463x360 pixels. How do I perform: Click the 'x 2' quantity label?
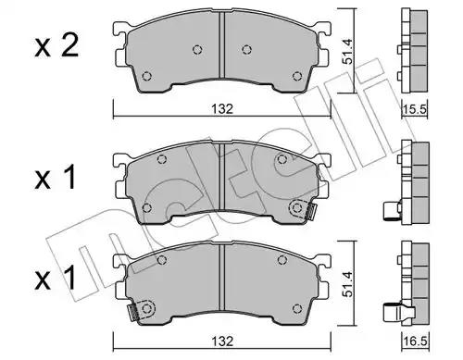[x=56, y=46]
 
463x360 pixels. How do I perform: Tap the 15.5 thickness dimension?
[x=415, y=109]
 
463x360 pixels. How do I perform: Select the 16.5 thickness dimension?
[x=415, y=341]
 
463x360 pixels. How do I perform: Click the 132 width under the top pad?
[x=222, y=109]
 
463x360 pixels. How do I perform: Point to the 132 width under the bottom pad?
[x=222, y=341]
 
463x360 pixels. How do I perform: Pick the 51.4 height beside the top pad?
[x=347, y=51]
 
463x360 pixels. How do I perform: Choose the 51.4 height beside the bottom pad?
[x=347, y=284]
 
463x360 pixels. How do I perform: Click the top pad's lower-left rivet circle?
[x=147, y=76]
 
